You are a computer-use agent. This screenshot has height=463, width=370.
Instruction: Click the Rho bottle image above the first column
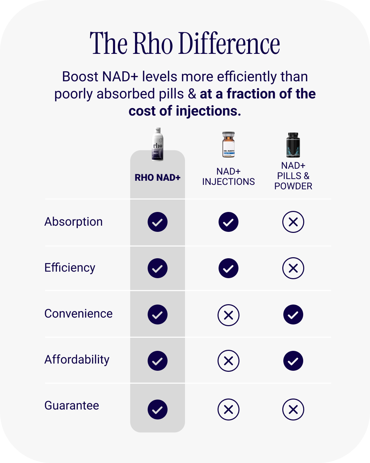pos(158,144)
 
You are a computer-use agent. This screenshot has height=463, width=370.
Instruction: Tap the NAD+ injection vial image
pos(229,144)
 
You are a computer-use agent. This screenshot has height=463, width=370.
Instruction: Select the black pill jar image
pos(293,145)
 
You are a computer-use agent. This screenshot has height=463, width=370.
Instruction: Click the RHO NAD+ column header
pos(158,178)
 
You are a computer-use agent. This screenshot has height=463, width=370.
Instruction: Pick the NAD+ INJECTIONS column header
pos(229,177)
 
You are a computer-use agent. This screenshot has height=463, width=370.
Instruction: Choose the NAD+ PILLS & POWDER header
pos(293,176)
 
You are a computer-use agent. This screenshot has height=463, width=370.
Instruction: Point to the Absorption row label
pos(74,222)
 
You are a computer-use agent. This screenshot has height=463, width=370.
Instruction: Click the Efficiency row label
pos(70,268)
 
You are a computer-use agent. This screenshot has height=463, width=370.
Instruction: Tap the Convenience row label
pos(78,314)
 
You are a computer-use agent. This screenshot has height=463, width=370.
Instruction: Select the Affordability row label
pos(77,360)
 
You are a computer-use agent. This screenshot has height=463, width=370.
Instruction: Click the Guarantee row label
pos(72,406)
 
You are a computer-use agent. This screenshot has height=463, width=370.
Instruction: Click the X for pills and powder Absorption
pos(293,222)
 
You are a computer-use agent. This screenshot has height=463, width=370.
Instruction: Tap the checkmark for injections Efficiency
pos(229,268)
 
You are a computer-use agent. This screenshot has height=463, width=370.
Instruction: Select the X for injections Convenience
pos(229,315)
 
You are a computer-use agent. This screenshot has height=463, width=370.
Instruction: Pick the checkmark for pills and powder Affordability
pos(293,361)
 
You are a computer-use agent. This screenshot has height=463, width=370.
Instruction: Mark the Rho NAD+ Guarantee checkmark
pos(158,409)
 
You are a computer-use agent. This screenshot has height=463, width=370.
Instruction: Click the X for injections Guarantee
pos(229,409)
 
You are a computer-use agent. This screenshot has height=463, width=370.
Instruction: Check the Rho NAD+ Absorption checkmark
pos(158,222)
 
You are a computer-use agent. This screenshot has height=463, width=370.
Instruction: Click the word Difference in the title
pos(229,44)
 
